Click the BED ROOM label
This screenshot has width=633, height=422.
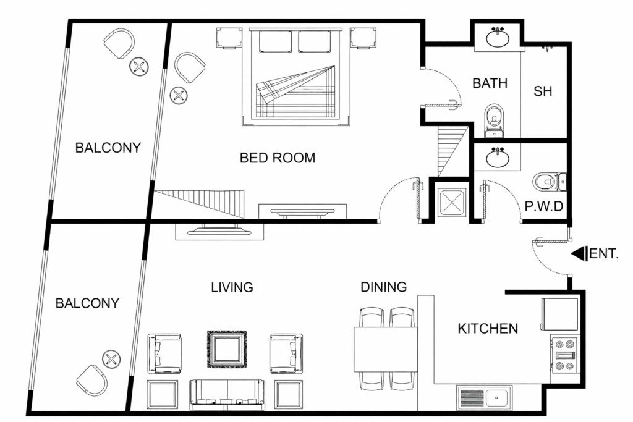[x=277, y=158]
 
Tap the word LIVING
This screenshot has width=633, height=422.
[x=232, y=287]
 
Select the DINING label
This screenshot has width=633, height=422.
[x=384, y=287]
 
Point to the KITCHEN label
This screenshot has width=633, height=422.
[x=488, y=328]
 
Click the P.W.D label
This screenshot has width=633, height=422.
[x=544, y=206]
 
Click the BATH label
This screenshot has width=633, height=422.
[x=490, y=83]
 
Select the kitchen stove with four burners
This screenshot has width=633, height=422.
[x=565, y=355]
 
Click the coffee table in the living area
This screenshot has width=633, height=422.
[x=226, y=348]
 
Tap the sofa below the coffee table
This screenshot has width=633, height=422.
[x=227, y=395]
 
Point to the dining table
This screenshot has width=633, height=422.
[x=385, y=349]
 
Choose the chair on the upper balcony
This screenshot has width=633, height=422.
[x=119, y=43]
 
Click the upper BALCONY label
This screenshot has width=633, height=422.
[x=108, y=148]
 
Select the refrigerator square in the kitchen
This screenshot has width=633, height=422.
[x=560, y=314]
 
